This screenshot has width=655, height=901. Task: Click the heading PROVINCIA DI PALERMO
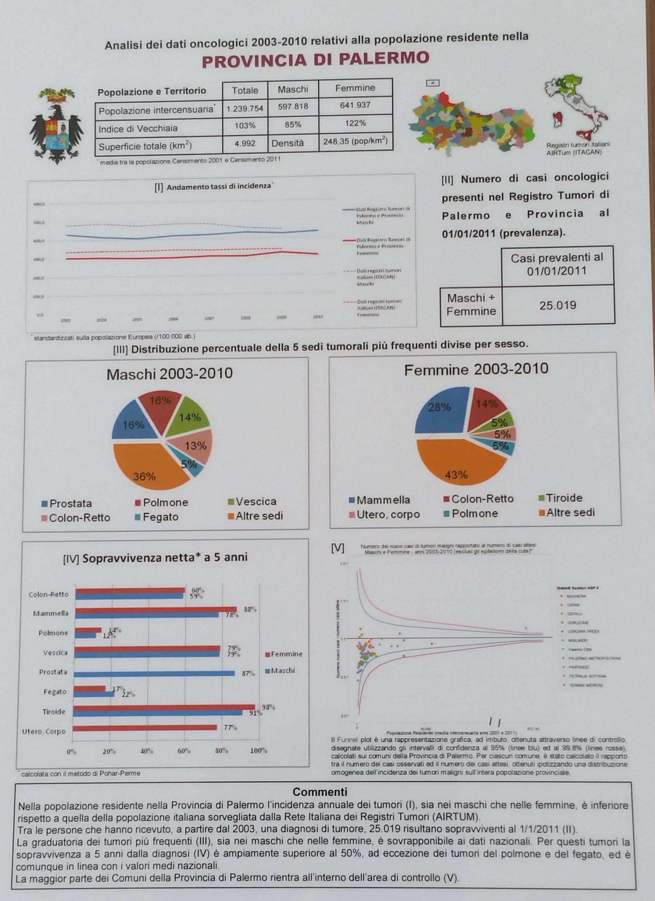coord(315,59)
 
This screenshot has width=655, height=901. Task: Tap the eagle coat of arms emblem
coord(56,126)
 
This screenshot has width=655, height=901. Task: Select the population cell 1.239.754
coord(245,108)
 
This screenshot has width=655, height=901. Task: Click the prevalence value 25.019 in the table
coord(558,305)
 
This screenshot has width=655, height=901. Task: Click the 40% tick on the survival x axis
coord(146,751)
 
